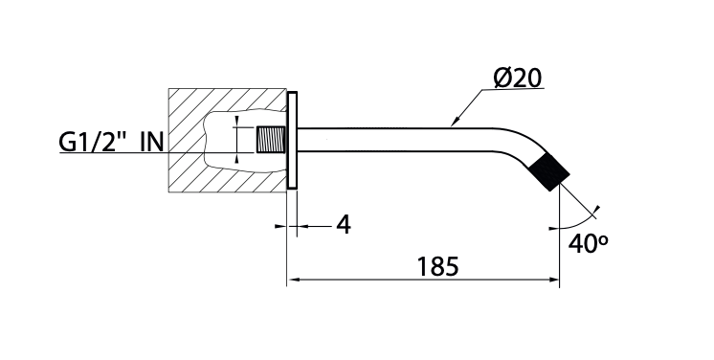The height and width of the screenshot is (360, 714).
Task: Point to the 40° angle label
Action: (589, 242)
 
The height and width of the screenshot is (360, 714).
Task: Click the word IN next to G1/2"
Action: (152, 143)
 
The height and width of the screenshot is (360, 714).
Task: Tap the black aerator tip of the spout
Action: (548, 174)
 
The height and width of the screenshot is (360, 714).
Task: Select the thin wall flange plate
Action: (294, 141)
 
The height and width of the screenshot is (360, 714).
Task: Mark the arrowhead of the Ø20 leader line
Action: (456, 123)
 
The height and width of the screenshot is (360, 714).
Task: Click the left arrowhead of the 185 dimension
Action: (294, 281)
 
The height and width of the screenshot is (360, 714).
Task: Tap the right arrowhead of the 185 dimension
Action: (554, 281)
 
